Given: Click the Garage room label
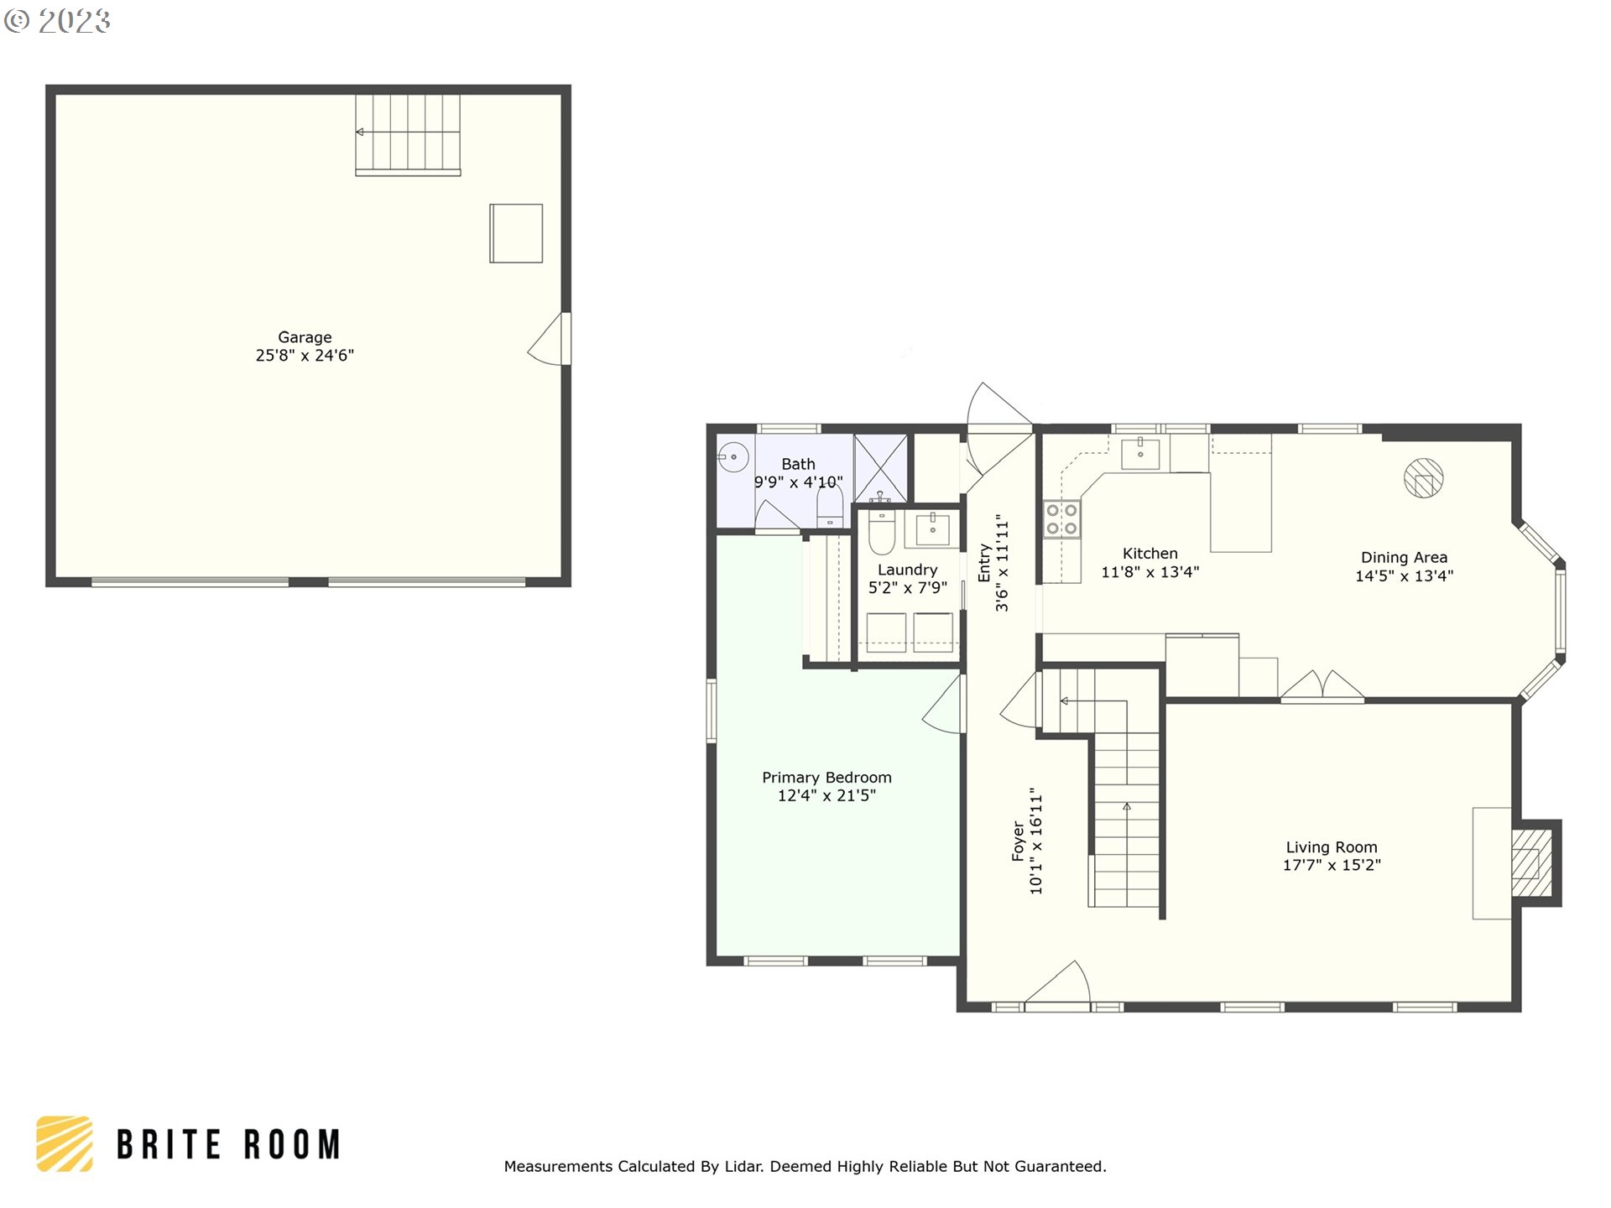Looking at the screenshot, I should point(305,337).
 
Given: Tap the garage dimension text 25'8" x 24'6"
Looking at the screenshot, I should point(305,356).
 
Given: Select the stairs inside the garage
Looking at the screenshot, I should point(408,134).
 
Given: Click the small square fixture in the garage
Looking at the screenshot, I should point(516,233).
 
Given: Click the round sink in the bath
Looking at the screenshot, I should point(733,457).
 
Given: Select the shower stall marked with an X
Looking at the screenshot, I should point(880,467).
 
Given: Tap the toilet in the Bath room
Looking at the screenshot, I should point(829,508).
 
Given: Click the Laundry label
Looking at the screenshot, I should point(907,570).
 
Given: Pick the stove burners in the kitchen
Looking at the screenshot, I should point(1061,519).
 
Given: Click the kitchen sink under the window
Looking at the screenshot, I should point(1140,454).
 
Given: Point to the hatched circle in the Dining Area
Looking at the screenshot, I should point(1423,479).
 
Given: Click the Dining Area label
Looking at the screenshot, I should point(1404,558).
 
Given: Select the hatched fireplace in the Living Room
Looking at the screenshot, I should point(1532,863).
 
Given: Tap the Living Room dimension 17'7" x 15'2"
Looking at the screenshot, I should point(1332,866).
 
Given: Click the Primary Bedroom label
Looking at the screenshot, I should point(826,778).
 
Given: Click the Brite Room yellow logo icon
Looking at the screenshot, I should point(65,1143).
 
